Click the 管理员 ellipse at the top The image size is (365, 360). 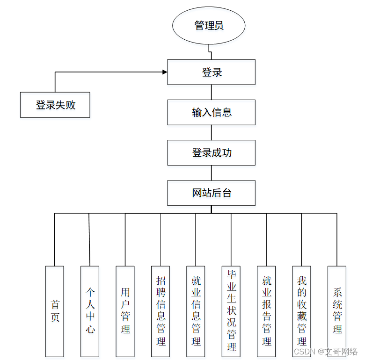(209, 25)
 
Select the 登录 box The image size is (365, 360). (211, 72)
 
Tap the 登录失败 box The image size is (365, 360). (55, 105)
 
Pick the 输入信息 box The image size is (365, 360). (211, 112)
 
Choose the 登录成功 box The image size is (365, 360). (211, 152)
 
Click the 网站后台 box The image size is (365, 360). (211, 193)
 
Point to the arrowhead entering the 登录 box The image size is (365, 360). (164, 72)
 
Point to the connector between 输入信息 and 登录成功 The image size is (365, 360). (211, 132)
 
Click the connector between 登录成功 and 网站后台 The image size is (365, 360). (211, 173)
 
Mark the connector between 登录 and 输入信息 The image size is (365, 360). (211, 92)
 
